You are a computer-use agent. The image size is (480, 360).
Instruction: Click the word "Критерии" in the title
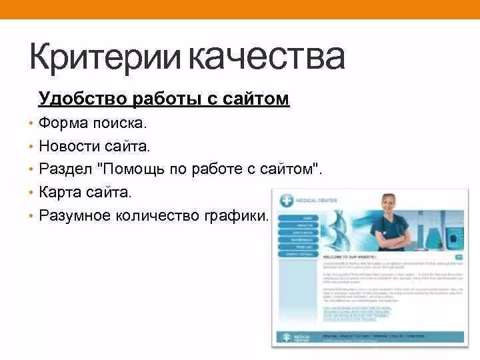pos(106,57)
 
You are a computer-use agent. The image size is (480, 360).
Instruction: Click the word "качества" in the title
pos(268,57)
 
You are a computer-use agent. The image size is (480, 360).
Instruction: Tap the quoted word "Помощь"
pos(139,169)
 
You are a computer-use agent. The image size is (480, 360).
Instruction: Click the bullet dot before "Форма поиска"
pos(31,124)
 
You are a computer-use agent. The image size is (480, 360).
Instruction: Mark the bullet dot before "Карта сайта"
pos(31,193)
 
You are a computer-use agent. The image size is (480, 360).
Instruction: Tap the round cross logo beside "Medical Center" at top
pos(287,199)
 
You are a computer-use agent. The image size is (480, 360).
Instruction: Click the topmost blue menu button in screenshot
pos(298,217)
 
